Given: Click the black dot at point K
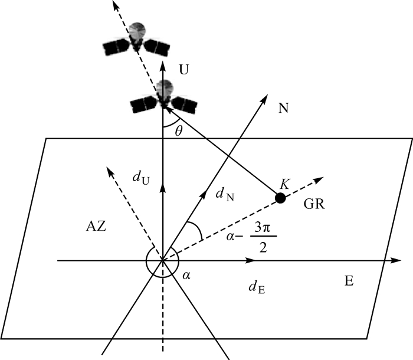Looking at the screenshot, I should point(281,198).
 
